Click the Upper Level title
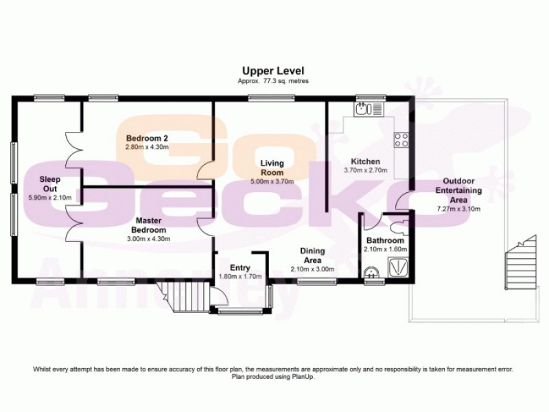click(272, 71)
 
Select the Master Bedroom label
click(148, 225)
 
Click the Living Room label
click(272, 168)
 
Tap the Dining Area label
click(312, 255)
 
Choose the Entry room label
click(240, 268)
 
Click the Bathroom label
click(384, 241)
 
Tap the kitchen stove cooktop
click(401, 140)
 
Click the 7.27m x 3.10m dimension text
click(459, 208)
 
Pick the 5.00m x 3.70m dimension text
click(272, 181)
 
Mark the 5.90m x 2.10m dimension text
click(49, 198)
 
